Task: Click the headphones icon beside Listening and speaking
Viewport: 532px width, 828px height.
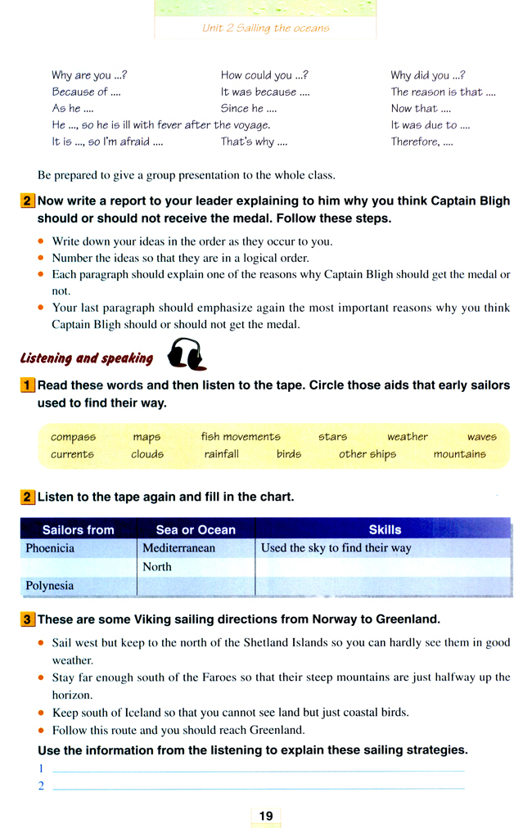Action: tap(186, 356)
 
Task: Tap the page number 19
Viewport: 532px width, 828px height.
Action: tap(266, 815)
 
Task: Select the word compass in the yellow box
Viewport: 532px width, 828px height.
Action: tap(73, 437)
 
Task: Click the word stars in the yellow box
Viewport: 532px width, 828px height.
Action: tap(332, 437)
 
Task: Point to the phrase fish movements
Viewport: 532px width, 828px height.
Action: tap(241, 437)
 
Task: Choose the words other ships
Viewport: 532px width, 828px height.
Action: tap(367, 454)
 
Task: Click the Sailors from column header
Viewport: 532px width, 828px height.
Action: tap(78, 529)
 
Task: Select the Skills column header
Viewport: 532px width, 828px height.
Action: tap(385, 529)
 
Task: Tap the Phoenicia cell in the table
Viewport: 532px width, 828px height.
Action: tap(50, 548)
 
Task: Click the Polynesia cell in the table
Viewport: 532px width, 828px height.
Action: tap(50, 586)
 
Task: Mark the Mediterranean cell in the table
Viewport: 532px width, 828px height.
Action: tap(178, 548)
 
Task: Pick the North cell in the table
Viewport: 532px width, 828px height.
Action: tap(157, 567)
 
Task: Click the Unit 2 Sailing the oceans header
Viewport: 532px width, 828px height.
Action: tap(266, 28)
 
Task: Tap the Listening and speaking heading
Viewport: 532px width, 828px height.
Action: tap(87, 358)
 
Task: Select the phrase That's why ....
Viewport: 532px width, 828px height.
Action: tap(254, 142)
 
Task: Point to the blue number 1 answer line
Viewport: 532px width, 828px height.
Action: tap(258, 770)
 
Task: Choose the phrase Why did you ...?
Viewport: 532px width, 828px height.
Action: tap(428, 75)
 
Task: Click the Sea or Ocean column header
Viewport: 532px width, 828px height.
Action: tap(196, 529)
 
